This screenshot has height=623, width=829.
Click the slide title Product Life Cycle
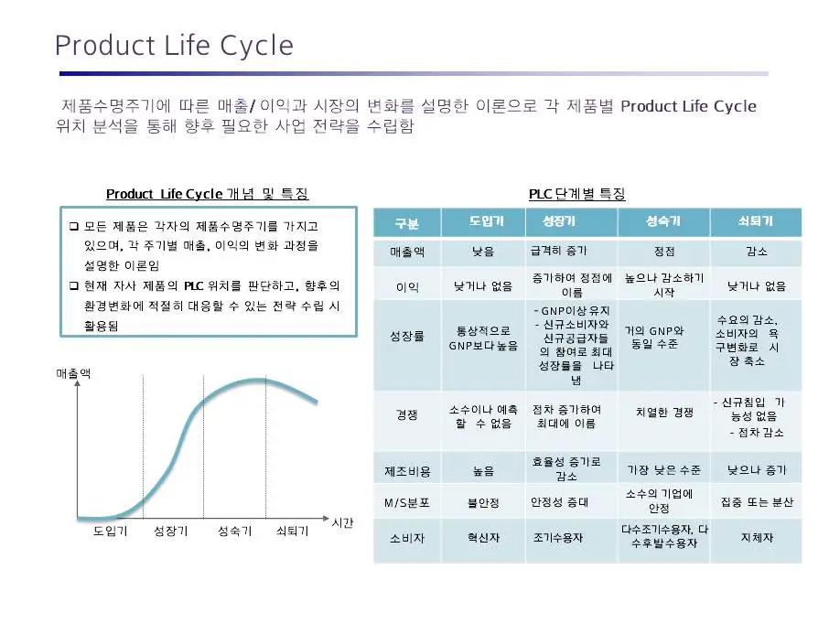pos(174,45)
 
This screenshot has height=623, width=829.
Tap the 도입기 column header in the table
pos(485,221)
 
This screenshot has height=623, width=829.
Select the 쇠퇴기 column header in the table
pos(755,221)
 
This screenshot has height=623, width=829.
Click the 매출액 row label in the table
pos(406,251)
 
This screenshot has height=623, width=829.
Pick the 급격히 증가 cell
pos(559,251)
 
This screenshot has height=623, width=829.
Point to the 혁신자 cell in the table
pos(483,538)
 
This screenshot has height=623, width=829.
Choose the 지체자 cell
pos(756,538)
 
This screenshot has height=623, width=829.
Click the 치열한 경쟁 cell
pos(664,413)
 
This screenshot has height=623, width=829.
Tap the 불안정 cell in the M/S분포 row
pos(483,502)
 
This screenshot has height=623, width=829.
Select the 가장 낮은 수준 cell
pos(664,470)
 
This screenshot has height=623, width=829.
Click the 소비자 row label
pos(406,538)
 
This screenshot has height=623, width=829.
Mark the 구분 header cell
pos(406,223)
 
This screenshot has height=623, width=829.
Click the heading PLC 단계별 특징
pos(576,194)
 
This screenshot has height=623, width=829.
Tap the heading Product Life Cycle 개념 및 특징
pos(207,194)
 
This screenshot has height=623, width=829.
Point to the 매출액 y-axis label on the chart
pos(73,373)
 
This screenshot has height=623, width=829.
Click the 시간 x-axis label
pos(342,522)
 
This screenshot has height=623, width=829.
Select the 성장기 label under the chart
pos(171,532)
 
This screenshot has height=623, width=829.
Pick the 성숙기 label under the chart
pos(234,532)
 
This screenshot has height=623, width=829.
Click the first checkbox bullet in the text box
pos(74,226)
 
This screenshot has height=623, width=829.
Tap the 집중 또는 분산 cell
pos(757,502)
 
